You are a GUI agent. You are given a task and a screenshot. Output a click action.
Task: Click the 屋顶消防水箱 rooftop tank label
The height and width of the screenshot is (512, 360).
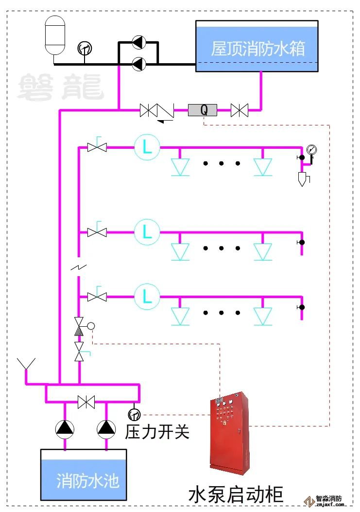[257, 49]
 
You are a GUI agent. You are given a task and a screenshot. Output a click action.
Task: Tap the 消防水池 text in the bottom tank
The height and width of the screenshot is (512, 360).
[87, 480]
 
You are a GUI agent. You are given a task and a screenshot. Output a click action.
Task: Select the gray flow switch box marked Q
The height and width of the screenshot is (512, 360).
[203, 110]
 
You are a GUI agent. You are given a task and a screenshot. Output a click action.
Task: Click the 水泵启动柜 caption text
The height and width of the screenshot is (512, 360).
[236, 494]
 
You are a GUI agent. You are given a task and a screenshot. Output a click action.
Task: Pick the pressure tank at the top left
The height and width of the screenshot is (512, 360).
[54, 35]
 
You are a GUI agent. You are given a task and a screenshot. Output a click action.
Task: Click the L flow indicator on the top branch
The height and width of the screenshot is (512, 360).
[147, 147]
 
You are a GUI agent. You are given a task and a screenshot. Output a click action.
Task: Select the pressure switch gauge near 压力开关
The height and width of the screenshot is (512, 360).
[134, 415]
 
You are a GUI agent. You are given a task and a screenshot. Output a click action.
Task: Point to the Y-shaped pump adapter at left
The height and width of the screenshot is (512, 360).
[26, 367]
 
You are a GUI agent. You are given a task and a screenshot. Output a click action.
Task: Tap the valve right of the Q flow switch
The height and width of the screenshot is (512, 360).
[239, 110]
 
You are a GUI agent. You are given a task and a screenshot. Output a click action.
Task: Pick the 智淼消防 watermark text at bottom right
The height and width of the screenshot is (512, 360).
[329, 498]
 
